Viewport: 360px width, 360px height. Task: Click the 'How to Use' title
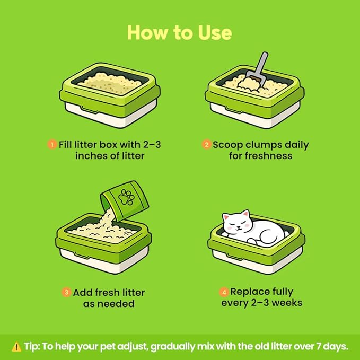[179, 32]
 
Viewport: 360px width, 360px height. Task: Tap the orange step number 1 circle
[52, 145]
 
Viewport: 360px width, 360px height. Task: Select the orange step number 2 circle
[206, 145]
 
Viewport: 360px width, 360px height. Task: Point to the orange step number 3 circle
[66, 292]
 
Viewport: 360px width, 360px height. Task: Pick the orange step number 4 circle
[224, 292]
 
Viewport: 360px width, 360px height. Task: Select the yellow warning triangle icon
[16, 347]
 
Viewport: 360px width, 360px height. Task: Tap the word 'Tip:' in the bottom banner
[32, 346]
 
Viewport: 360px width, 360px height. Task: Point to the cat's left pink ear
[226, 217]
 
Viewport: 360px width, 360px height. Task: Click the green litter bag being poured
[125, 201]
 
